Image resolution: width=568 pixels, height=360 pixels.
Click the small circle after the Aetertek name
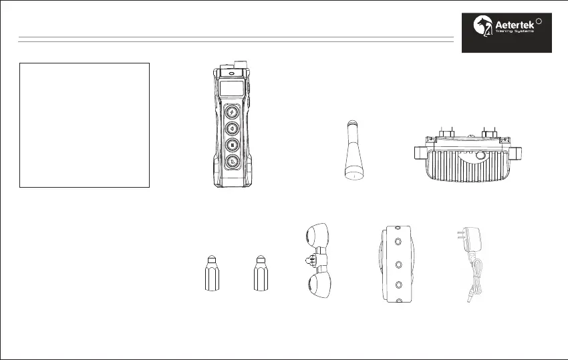coord(539,20)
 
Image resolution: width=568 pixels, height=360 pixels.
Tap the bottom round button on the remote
coord(232,161)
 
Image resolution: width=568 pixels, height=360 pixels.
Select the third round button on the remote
coord(232,144)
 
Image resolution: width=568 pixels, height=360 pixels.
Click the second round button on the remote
coord(232,128)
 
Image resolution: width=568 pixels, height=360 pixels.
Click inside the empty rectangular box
coord(85,126)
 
